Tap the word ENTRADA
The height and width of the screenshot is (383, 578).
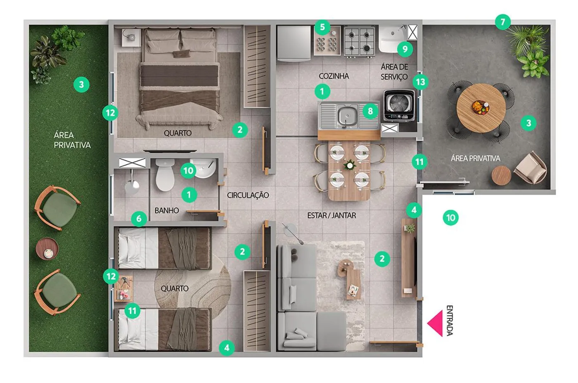pyautogui.click(x=450, y=321)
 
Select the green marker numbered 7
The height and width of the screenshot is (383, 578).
pyautogui.click(x=503, y=22)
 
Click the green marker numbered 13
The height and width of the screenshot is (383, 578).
pyautogui.click(x=420, y=82)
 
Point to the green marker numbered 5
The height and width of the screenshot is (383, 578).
pyautogui.click(x=322, y=27)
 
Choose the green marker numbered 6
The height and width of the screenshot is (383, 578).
pyautogui.click(x=139, y=219)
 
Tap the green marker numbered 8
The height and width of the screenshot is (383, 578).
pyautogui.click(x=370, y=111)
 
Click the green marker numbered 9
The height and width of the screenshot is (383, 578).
pyautogui.click(x=405, y=49)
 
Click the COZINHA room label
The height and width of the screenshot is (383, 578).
pyautogui.click(x=334, y=76)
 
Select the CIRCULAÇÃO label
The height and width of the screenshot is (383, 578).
pyautogui.click(x=248, y=195)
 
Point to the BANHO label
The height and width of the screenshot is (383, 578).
pyautogui.click(x=167, y=210)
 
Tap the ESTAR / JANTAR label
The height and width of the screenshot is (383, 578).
pyautogui.click(x=332, y=215)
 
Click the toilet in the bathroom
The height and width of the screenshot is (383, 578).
pyautogui.click(x=165, y=175)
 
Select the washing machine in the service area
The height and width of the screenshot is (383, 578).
pyautogui.click(x=399, y=105)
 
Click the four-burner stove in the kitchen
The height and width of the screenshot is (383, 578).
pyautogui.click(x=359, y=41)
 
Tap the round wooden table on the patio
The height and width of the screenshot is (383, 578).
pyautogui.click(x=481, y=108)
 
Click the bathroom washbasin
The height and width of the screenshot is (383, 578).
pyautogui.click(x=204, y=168)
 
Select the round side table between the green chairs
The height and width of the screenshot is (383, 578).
pyautogui.click(x=47, y=248)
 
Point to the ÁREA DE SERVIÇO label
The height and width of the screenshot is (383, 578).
pyautogui.click(x=394, y=72)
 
